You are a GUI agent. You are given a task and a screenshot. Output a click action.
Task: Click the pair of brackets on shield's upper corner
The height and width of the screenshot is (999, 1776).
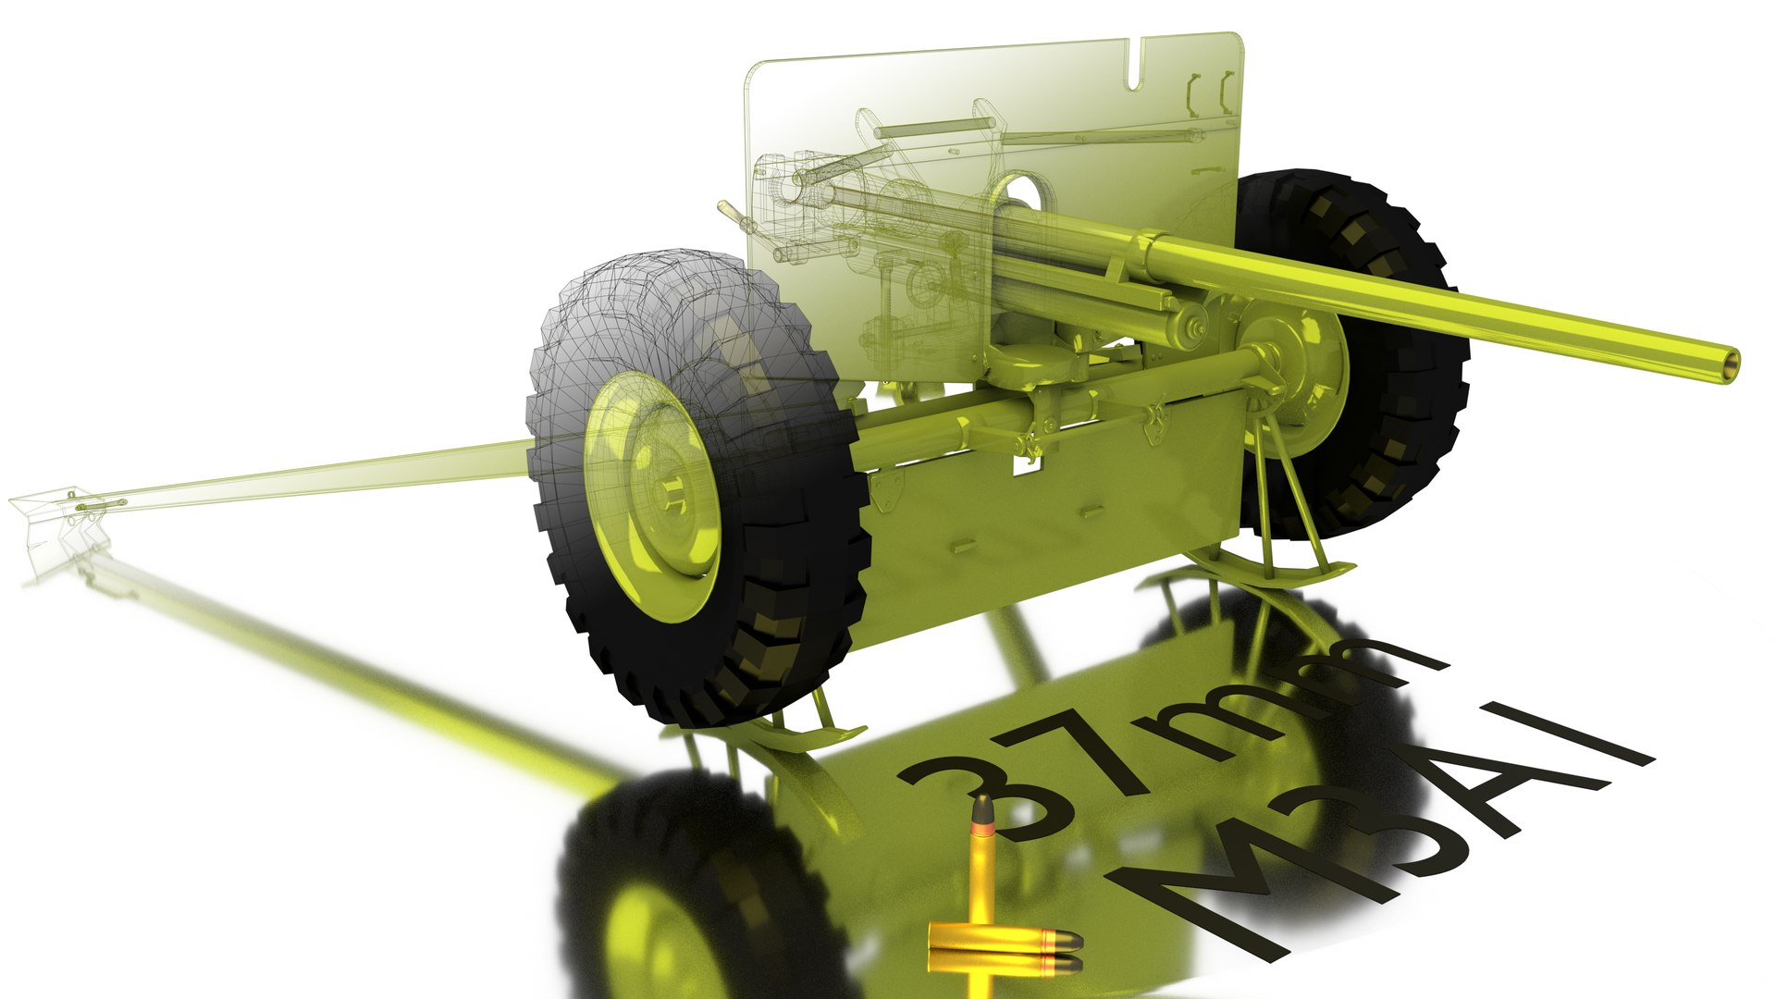tap(1212, 92)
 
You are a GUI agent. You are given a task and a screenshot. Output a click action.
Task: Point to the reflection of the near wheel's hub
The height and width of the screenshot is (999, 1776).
tap(647, 934)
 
